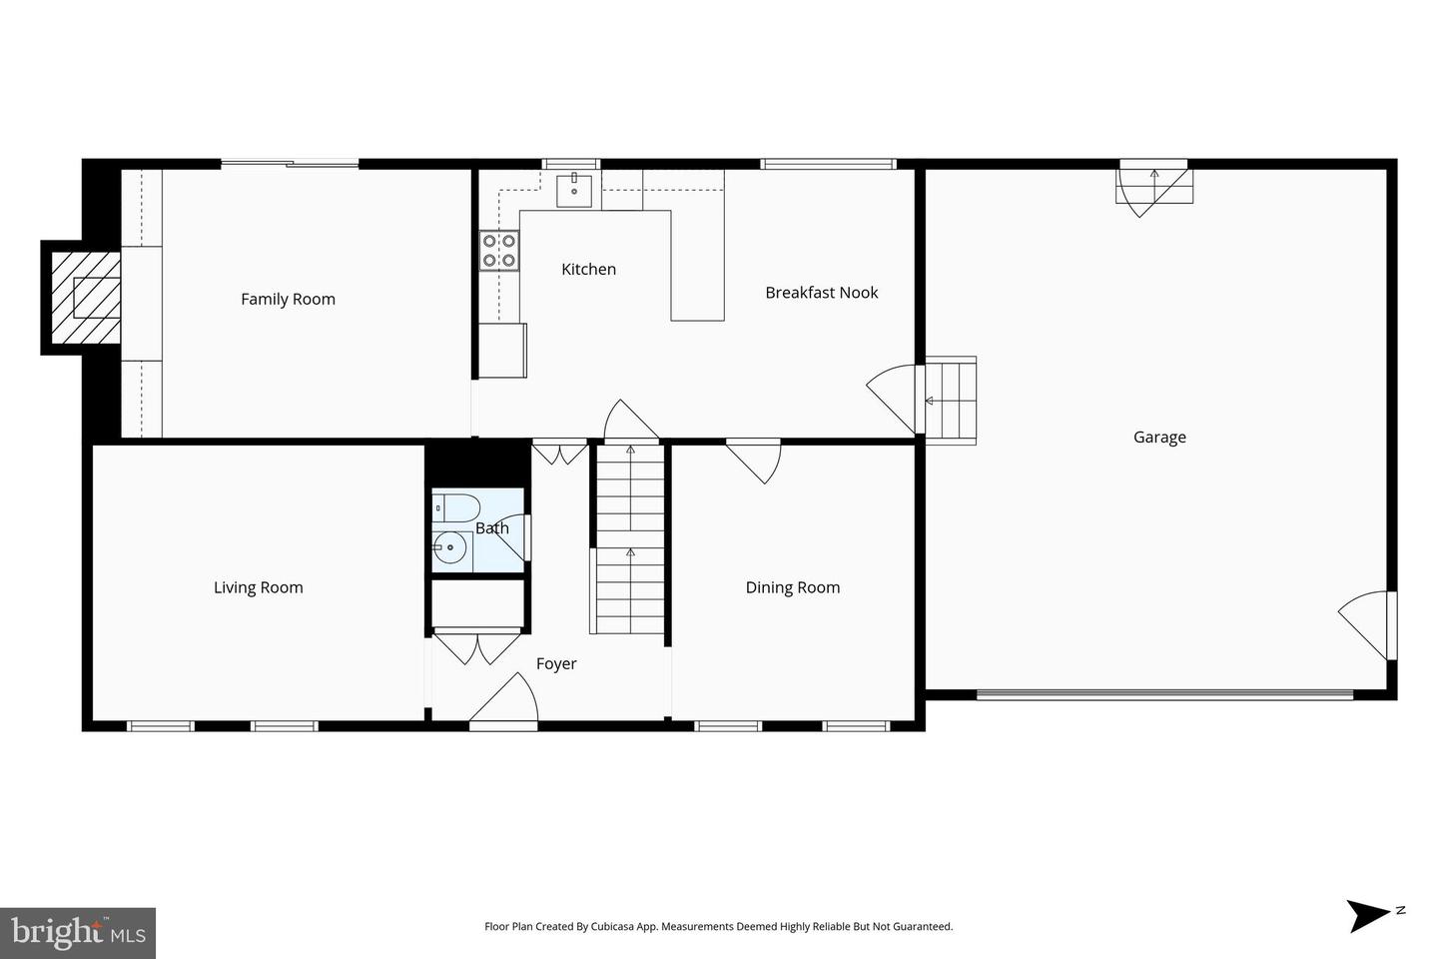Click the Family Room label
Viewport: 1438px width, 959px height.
[x=288, y=300]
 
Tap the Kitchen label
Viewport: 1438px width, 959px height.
[x=589, y=269]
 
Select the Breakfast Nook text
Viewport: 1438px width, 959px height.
[x=822, y=293]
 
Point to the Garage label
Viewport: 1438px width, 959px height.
[x=1159, y=438]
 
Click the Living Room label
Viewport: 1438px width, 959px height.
[x=258, y=587]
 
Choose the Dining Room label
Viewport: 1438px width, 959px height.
[x=793, y=587]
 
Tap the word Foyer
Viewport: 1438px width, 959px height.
[x=556, y=664]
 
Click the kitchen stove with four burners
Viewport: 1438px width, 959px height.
[x=499, y=251]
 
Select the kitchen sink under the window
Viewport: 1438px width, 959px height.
[x=574, y=190]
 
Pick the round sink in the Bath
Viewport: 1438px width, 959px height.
[x=449, y=547]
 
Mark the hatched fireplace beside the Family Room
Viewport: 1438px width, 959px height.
[x=86, y=298]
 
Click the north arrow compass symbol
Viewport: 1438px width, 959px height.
[x=1372, y=915]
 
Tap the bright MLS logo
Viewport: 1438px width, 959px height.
[x=78, y=933]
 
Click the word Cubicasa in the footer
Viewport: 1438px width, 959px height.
[x=616, y=926]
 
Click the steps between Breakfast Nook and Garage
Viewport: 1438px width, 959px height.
[x=950, y=401]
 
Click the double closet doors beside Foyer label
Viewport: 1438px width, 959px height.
[x=477, y=647]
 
